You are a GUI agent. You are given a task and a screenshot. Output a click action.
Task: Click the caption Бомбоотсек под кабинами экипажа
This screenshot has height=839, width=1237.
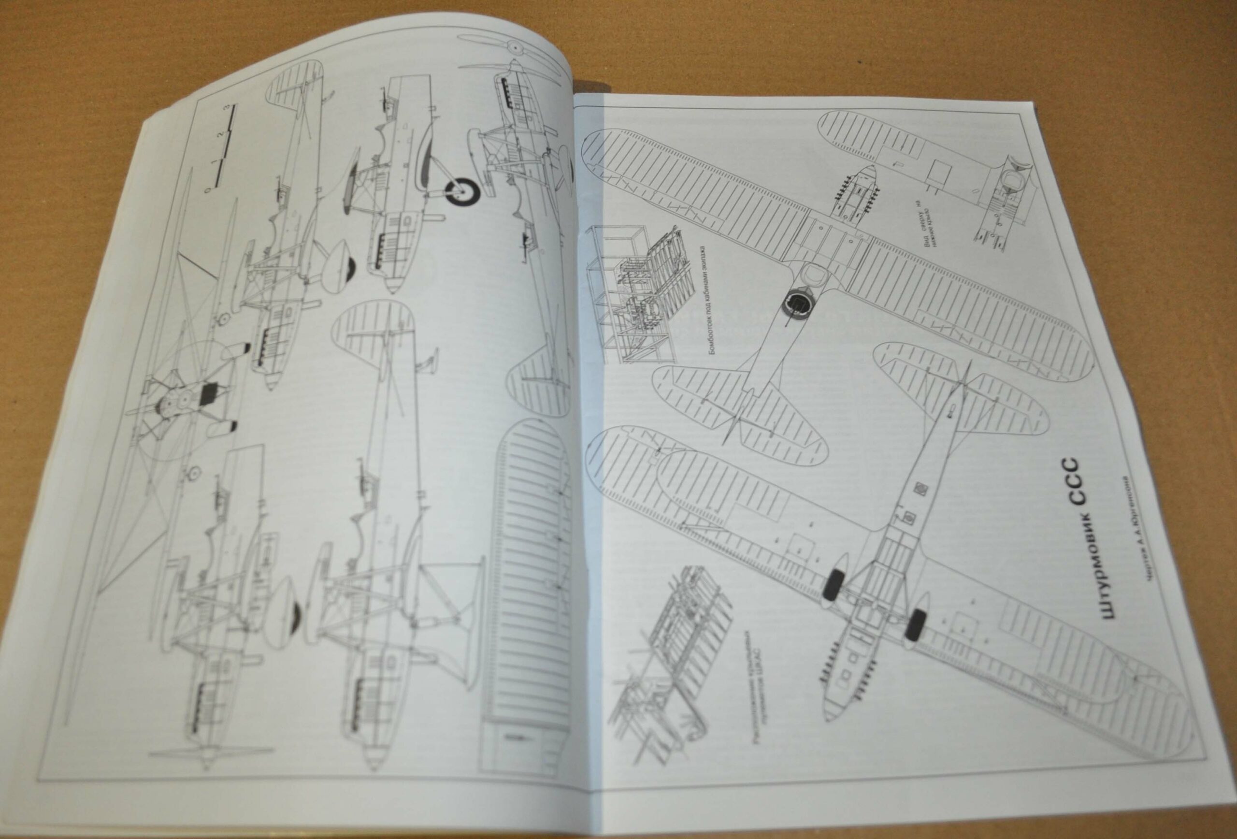point(707,301)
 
